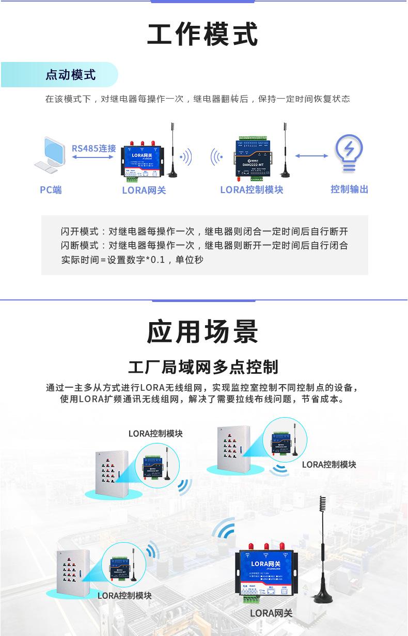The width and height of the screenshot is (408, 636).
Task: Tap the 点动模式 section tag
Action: (x=70, y=75)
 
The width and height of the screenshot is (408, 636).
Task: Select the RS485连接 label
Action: (x=93, y=149)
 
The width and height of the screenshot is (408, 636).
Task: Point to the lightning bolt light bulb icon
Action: (x=349, y=153)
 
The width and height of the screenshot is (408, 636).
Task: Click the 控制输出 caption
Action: (x=349, y=189)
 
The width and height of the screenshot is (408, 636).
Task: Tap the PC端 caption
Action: (x=51, y=190)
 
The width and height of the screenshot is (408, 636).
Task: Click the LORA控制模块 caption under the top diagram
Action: (x=252, y=190)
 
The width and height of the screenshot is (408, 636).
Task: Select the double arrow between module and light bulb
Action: (x=312, y=156)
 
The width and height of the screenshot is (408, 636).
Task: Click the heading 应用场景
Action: (x=202, y=331)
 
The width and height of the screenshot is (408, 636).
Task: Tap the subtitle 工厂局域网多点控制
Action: (x=203, y=367)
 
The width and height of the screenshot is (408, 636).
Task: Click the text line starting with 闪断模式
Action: (x=204, y=245)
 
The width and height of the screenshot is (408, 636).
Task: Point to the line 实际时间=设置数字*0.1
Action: (x=132, y=260)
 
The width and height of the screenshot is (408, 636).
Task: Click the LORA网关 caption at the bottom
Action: (x=271, y=613)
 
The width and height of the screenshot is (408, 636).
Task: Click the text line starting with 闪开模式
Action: (x=204, y=231)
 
